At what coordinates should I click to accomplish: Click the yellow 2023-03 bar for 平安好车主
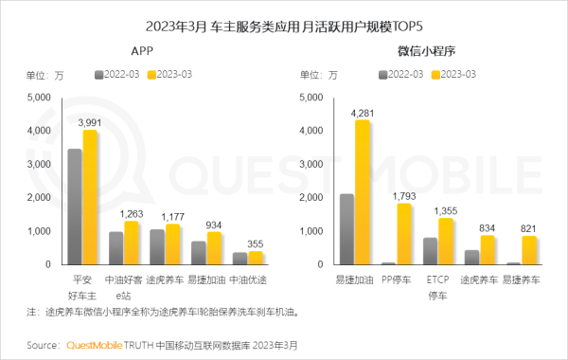[x=90, y=197]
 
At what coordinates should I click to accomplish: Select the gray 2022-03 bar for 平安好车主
[x=75, y=207]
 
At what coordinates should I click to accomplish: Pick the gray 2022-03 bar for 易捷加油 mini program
[x=347, y=228]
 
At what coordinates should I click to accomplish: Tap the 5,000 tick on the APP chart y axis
[x=41, y=98]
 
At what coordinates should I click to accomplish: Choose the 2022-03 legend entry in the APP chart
[x=118, y=73]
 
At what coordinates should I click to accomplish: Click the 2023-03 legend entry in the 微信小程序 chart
[x=455, y=73]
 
